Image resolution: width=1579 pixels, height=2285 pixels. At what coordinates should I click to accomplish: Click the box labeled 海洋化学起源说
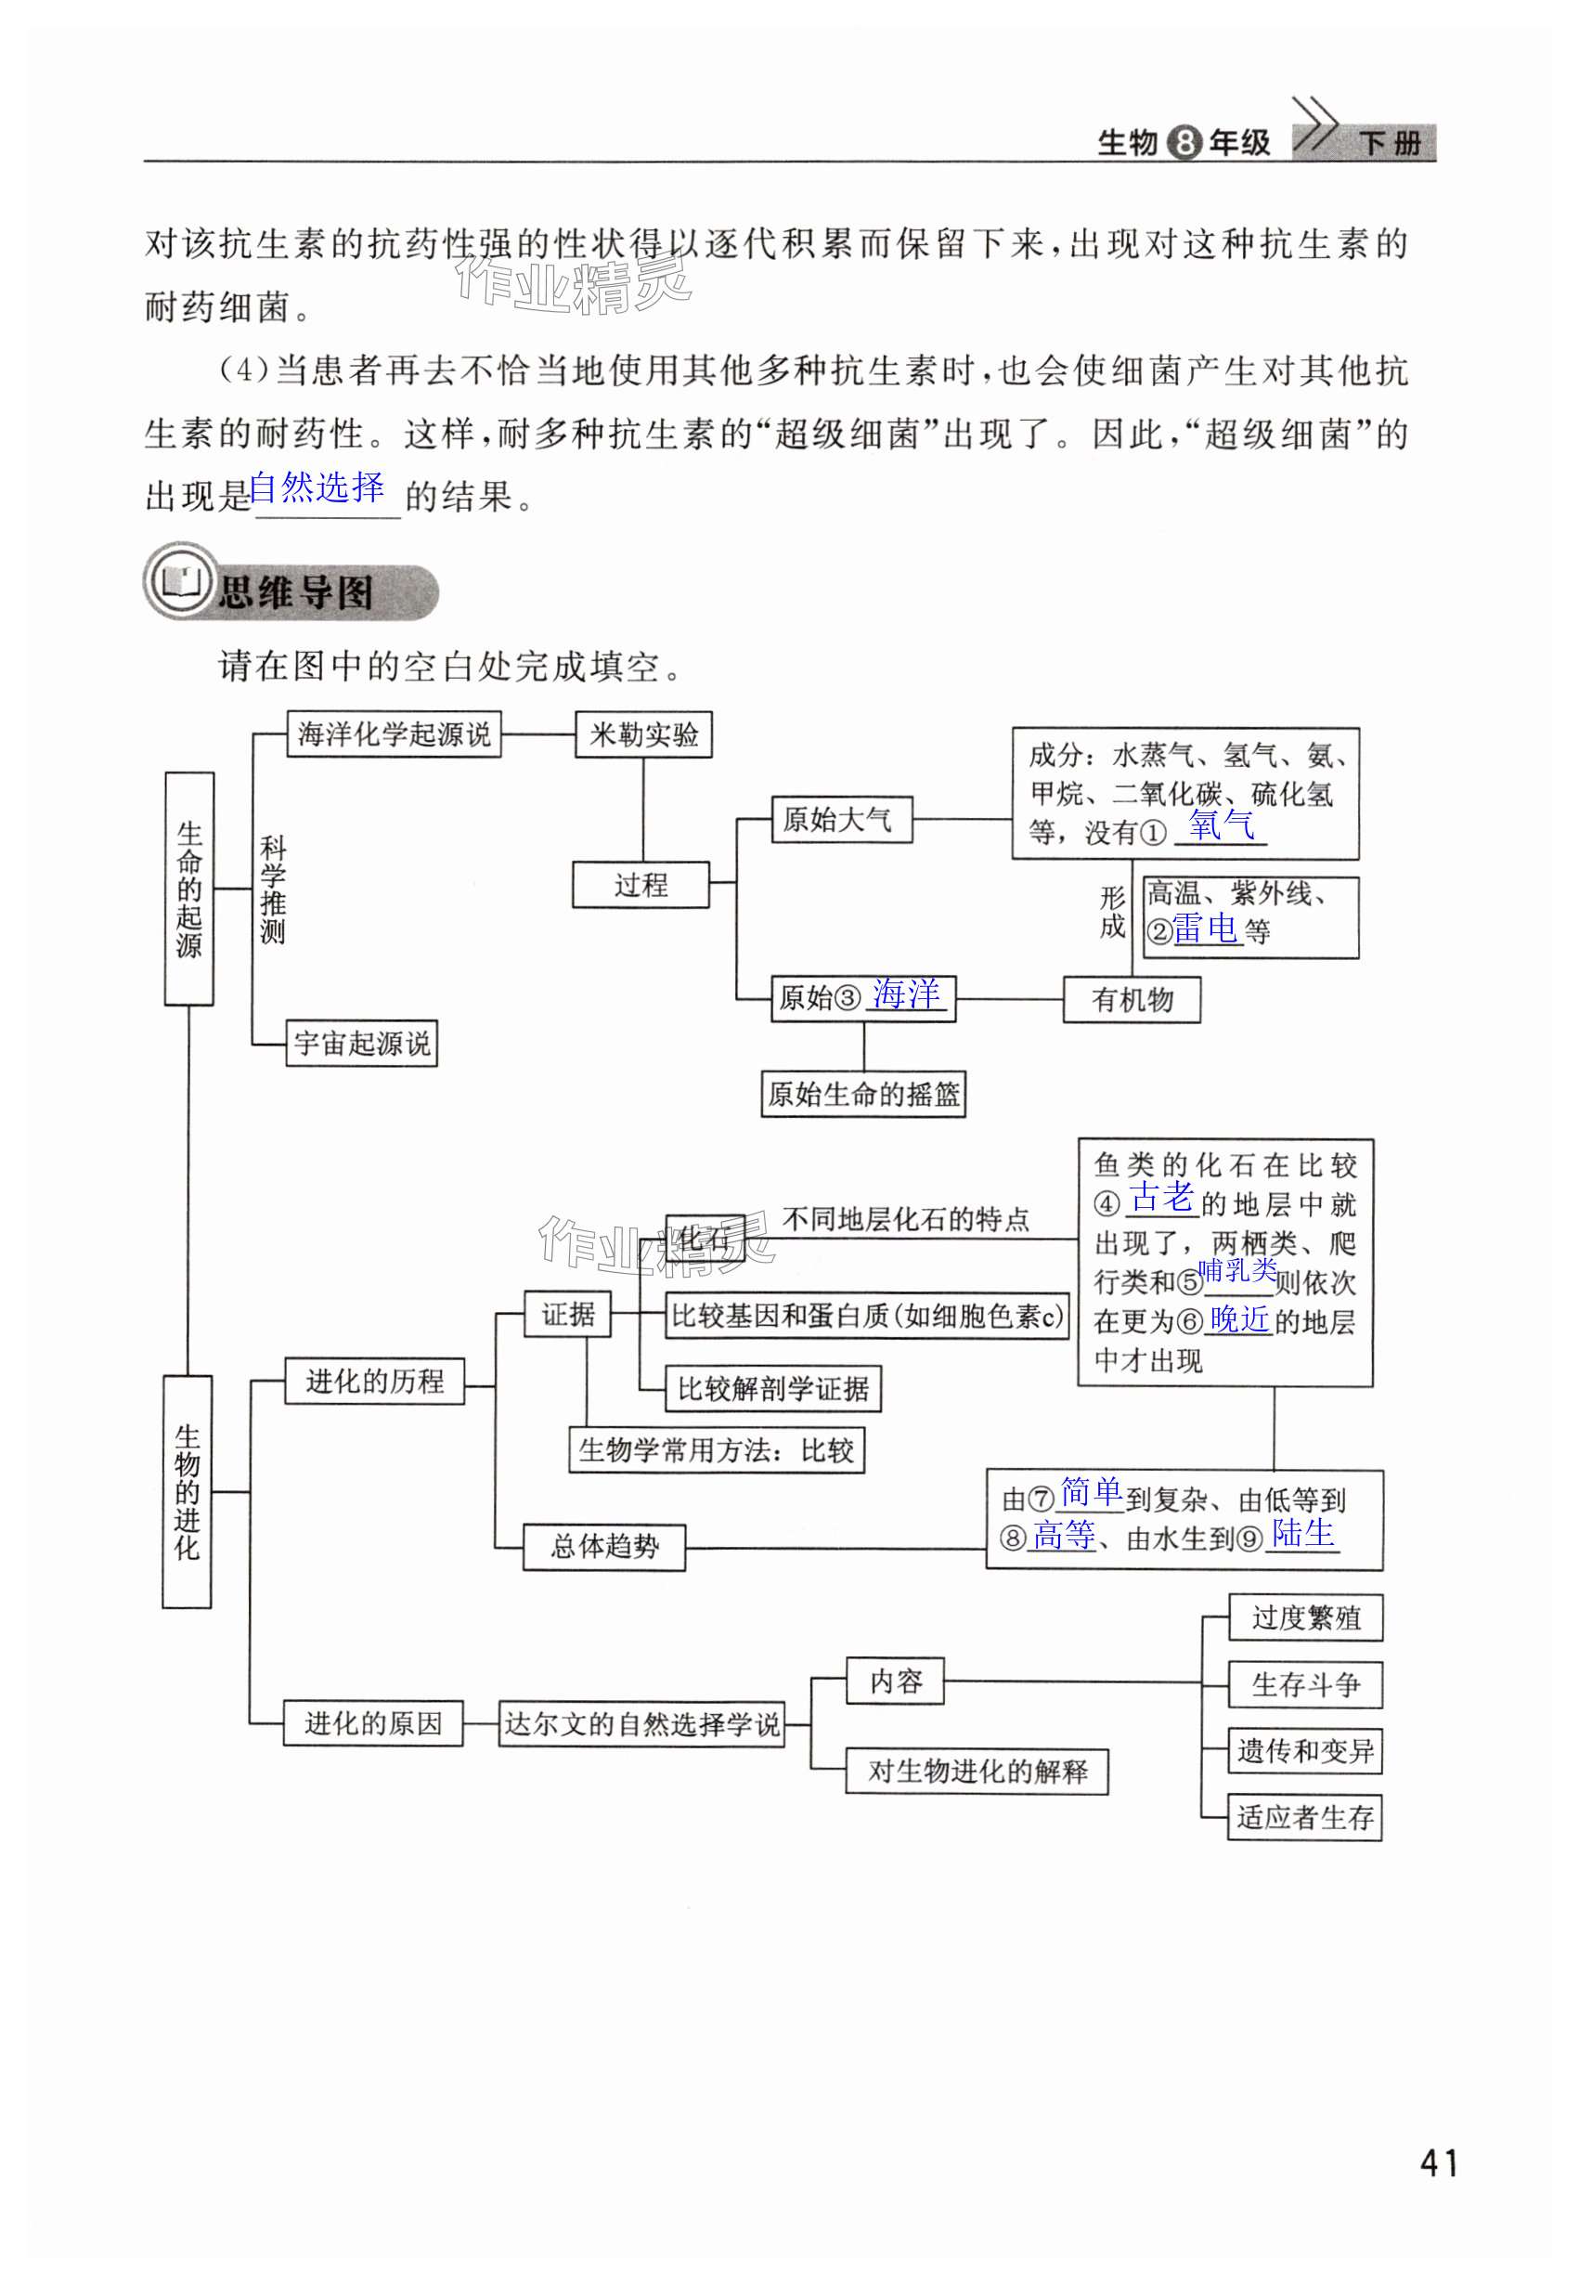(394, 734)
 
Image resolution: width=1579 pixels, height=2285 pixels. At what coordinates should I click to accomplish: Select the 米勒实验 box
(643, 734)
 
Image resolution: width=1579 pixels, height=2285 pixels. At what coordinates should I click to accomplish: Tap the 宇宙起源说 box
(361, 1043)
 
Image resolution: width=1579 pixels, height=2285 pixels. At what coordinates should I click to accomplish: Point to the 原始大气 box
(841, 820)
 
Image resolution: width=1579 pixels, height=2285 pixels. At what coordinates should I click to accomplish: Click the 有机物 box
(1132, 999)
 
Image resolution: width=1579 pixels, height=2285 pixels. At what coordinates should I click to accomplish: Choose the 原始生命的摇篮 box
(862, 1094)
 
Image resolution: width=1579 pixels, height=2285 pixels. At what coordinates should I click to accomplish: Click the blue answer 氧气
(1222, 824)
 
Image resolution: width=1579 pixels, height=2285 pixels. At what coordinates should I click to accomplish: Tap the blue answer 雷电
(1206, 928)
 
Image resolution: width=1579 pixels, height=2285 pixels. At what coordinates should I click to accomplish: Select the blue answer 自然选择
(317, 487)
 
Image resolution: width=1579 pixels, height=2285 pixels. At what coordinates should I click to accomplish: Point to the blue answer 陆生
(1303, 1533)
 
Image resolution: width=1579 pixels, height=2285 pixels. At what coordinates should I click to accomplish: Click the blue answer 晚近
(1239, 1318)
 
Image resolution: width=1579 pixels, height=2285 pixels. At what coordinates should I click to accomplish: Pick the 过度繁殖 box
(1305, 1618)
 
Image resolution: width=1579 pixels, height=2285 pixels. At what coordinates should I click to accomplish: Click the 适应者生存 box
(1305, 1817)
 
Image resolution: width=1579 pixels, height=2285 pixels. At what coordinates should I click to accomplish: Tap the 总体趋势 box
(603, 1546)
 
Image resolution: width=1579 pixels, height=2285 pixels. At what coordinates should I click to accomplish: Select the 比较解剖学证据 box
(772, 1389)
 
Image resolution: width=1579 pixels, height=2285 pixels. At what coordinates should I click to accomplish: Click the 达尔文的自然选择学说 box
(641, 1724)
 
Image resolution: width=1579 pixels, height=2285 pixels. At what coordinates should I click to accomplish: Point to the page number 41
(1439, 2162)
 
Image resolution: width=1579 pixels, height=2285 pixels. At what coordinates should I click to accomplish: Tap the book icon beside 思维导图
(181, 582)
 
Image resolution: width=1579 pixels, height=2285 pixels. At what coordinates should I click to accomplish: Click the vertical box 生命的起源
(189, 889)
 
